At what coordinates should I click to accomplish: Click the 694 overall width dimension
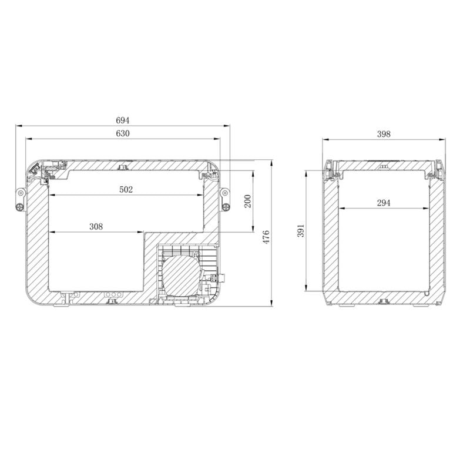[123, 120]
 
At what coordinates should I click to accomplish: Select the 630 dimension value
[123, 133]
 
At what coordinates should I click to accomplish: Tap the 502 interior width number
[126, 189]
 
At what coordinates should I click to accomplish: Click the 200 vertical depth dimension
[247, 201]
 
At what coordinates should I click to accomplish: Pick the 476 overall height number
[266, 236]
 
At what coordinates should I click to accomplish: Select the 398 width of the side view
[384, 133]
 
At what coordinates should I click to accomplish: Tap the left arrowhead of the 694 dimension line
[18, 125]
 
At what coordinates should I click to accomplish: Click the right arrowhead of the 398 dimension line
[442, 139]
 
